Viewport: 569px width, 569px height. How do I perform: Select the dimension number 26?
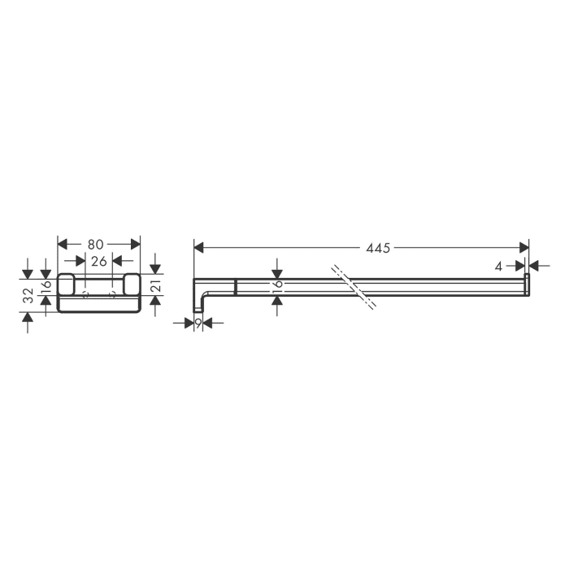click(98, 261)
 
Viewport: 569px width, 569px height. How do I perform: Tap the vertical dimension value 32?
click(28, 296)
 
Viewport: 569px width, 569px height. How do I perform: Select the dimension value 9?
click(198, 323)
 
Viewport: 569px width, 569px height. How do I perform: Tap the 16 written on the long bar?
click(278, 284)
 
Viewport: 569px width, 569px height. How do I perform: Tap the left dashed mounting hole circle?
click(85, 293)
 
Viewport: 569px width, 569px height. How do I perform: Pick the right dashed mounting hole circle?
click(112, 293)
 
